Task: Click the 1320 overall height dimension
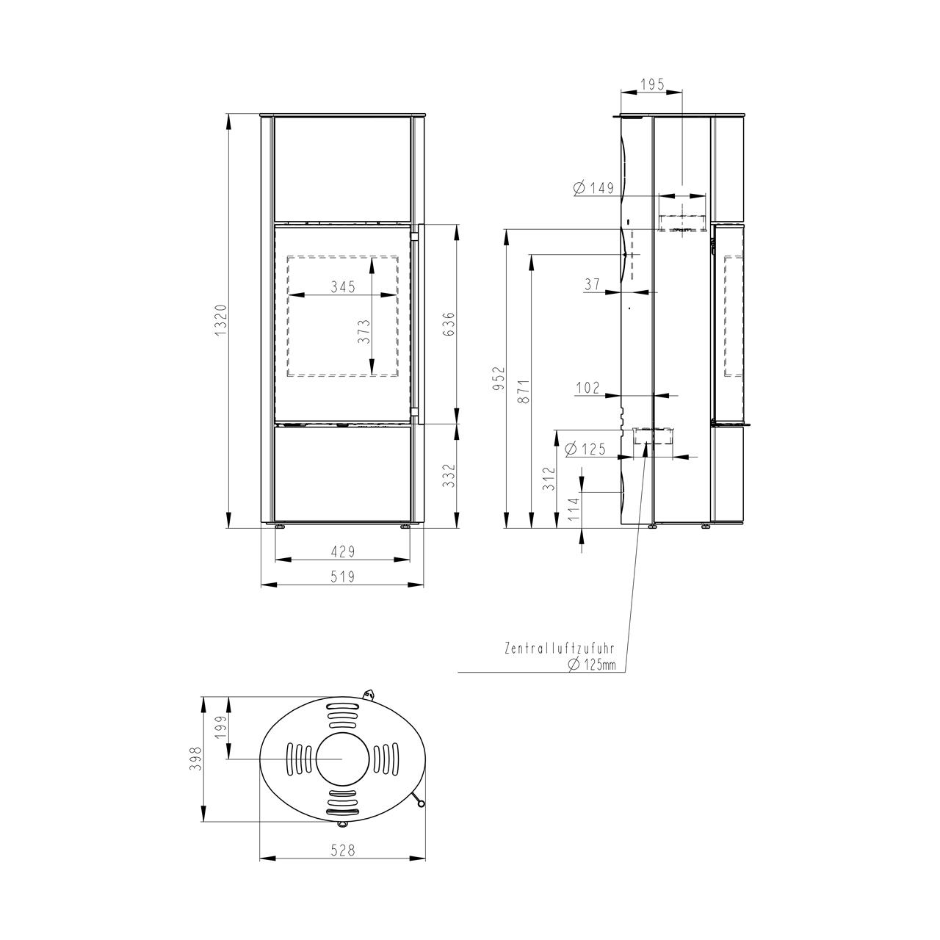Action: click(220, 319)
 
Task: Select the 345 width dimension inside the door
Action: click(343, 286)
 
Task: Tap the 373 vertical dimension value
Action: click(364, 332)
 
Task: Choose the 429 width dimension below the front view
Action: click(343, 552)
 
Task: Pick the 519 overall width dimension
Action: click(343, 576)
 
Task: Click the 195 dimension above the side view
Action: click(652, 84)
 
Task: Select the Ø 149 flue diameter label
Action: click(593, 187)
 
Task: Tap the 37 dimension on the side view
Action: click(592, 283)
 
